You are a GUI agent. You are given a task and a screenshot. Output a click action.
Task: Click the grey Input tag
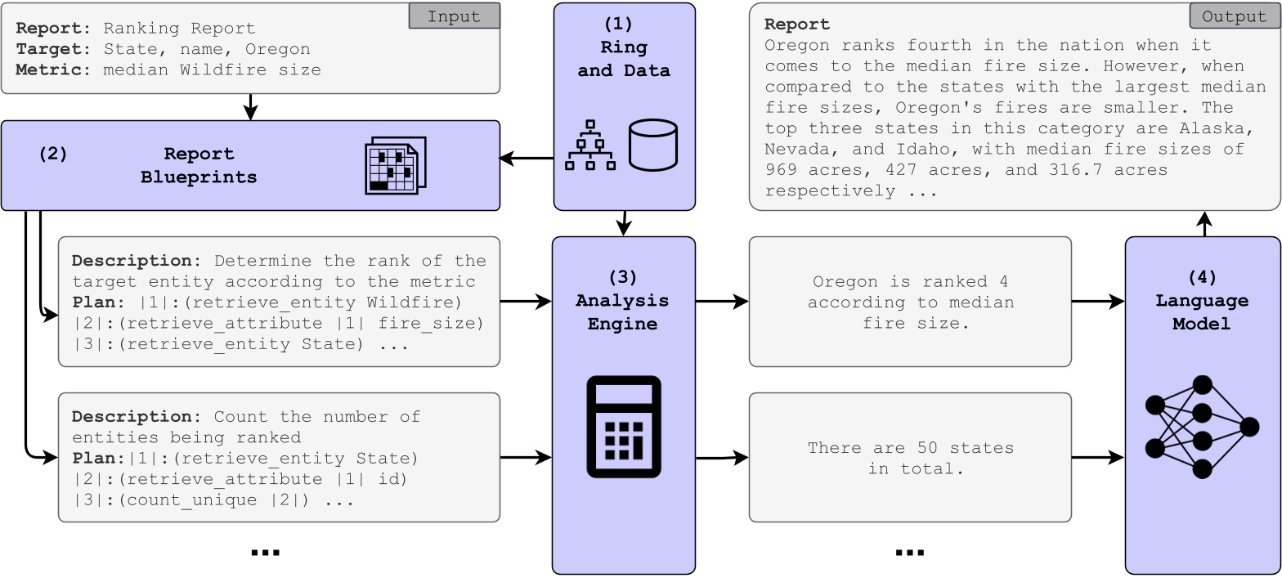[454, 16]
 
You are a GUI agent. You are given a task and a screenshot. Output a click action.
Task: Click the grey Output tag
[1235, 16]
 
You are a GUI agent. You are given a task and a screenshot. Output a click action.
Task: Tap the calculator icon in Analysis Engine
[624, 427]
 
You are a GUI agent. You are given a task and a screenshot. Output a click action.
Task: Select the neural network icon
[1202, 427]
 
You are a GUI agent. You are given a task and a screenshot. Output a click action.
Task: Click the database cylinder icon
[653, 145]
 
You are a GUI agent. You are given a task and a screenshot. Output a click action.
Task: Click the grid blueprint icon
[395, 165]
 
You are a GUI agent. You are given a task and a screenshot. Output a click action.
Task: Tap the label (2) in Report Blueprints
[53, 154]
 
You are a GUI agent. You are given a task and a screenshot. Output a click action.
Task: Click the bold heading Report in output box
[797, 25]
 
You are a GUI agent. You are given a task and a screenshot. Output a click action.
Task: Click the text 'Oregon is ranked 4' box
[910, 302]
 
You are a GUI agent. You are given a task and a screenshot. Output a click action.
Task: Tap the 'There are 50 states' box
[910, 458]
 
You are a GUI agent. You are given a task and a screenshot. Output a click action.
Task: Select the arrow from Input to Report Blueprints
[251, 107]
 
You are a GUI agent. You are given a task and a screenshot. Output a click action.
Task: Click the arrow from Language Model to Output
[1204, 223]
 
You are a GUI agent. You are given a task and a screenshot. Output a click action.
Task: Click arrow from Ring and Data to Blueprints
[527, 159]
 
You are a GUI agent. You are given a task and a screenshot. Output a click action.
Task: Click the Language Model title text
[1202, 312]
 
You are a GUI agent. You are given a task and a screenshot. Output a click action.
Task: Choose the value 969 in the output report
[783, 170]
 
